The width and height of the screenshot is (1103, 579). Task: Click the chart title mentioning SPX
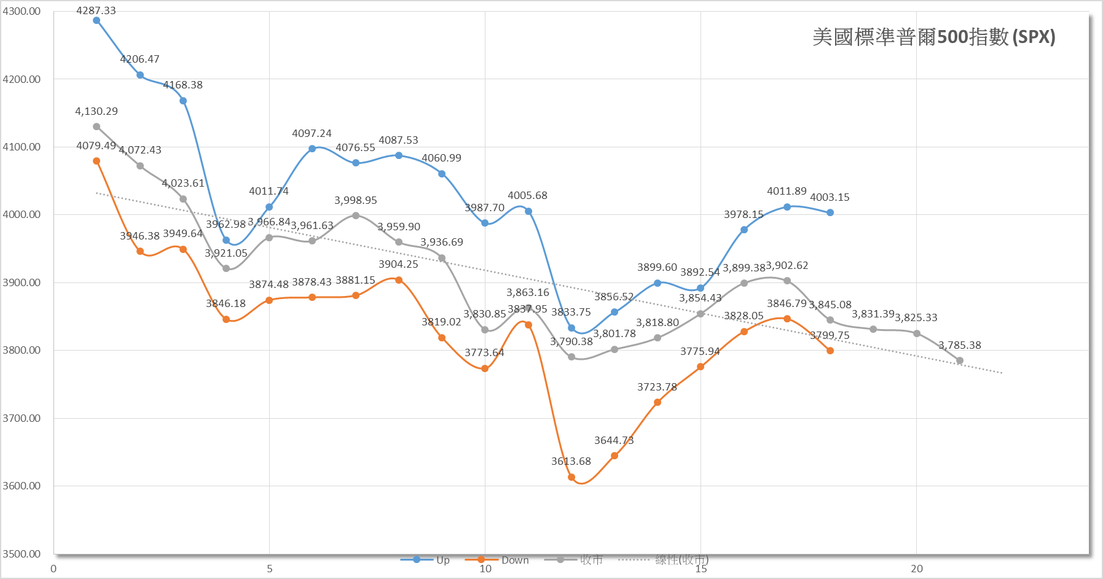933,37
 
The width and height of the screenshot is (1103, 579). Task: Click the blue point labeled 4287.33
96,20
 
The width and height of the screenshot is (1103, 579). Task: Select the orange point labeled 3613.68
571,477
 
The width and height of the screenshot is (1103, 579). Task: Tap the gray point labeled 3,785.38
960,360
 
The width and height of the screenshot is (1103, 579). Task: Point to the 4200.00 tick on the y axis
22,79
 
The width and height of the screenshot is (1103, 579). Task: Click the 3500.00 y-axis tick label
22,554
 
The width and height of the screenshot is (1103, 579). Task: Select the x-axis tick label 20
917,569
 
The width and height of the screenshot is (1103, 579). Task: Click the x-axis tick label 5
269,569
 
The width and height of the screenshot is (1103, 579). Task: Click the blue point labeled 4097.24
312,149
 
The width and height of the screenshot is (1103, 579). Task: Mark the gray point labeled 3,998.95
356,216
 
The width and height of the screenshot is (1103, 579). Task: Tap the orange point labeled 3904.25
399,280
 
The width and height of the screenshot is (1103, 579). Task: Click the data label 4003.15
830,197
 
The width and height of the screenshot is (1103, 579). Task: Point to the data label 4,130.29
96,111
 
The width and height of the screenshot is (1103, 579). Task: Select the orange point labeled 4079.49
96,161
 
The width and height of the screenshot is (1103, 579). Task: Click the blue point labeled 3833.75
571,328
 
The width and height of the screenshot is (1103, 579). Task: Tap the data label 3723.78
657,387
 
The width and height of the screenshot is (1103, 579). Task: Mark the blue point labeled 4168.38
183,101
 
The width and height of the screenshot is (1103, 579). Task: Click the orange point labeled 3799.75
830,351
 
